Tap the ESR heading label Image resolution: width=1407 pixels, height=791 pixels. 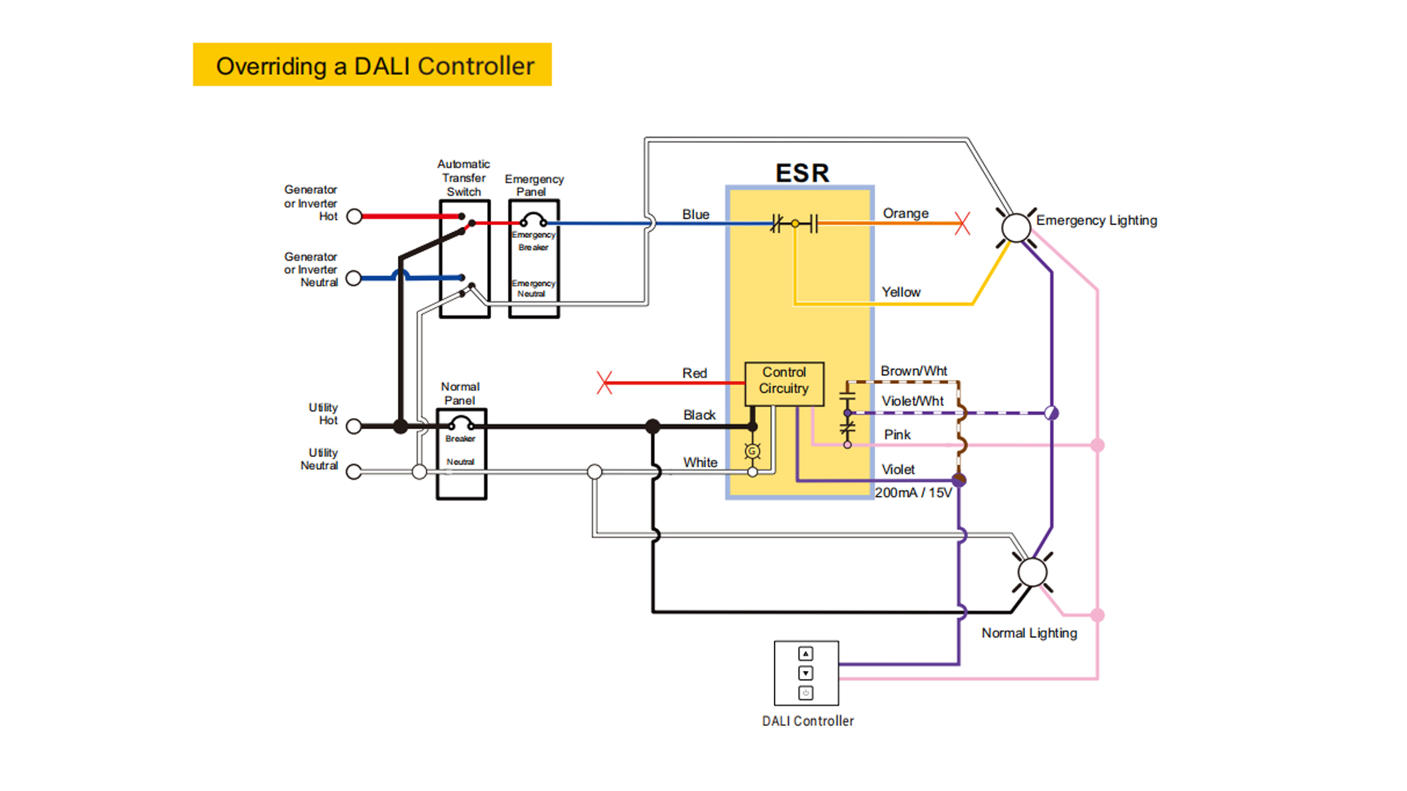tap(802, 174)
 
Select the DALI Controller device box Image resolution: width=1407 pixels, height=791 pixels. tap(806, 673)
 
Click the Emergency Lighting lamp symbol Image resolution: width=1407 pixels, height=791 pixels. tap(1016, 228)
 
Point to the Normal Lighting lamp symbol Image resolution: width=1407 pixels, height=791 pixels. tap(1033, 572)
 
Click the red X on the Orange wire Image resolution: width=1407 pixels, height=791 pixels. tap(962, 223)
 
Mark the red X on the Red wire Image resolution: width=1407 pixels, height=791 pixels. tap(605, 382)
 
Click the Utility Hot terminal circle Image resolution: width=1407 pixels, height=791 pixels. tap(354, 426)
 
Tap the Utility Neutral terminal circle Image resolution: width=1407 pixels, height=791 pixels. tap(354, 472)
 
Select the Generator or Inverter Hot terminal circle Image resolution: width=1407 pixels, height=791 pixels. tap(354, 217)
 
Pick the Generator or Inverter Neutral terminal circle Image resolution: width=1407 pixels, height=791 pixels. tap(354, 278)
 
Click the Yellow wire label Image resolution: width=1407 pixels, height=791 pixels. tap(901, 292)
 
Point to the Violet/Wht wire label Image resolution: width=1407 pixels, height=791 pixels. tap(912, 401)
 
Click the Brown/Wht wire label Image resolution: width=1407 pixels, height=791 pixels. tap(913, 371)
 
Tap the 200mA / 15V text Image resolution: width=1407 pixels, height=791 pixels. tap(913, 493)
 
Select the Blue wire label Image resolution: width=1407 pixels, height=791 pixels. tap(695, 215)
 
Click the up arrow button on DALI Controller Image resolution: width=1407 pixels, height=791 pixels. tap(805, 653)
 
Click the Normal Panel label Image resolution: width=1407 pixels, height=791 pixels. tap(459, 393)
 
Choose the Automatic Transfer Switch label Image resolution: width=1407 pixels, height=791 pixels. tap(463, 178)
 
